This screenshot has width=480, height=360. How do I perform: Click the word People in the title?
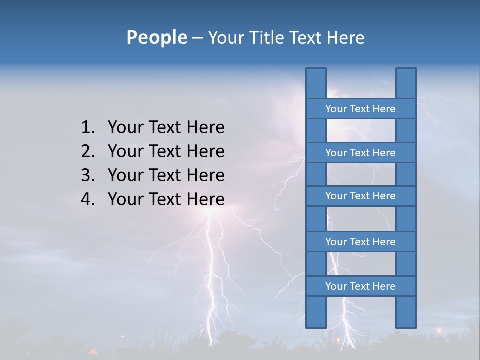click(x=156, y=38)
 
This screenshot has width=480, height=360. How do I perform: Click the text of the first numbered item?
click(x=166, y=128)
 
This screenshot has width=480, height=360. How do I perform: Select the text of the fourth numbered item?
click(x=166, y=199)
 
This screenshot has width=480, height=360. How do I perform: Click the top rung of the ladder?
click(x=360, y=109)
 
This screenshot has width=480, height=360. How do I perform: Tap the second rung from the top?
click(x=360, y=153)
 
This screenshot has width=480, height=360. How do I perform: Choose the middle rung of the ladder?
click(x=360, y=196)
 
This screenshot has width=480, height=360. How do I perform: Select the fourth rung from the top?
click(x=360, y=242)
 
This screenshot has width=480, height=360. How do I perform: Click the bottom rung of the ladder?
click(x=360, y=286)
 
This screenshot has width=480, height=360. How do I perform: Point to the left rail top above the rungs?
click(x=316, y=83)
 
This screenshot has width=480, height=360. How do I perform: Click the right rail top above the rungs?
click(x=406, y=83)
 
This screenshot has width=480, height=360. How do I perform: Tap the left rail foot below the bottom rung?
click(x=316, y=312)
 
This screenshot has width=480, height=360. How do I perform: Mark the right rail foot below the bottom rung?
click(x=406, y=312)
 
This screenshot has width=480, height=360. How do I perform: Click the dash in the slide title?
click(x=197, y=38)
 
